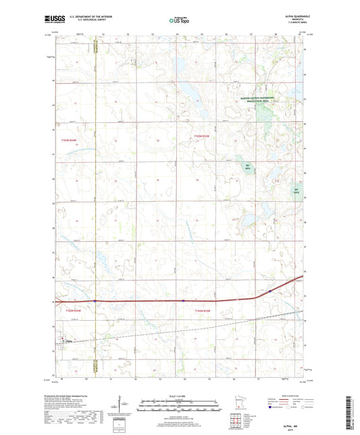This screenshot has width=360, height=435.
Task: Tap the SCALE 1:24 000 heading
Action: pyautogui.click(x=180, y=396)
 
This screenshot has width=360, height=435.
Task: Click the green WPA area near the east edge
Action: pyautogui.click(x=295, y=192)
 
